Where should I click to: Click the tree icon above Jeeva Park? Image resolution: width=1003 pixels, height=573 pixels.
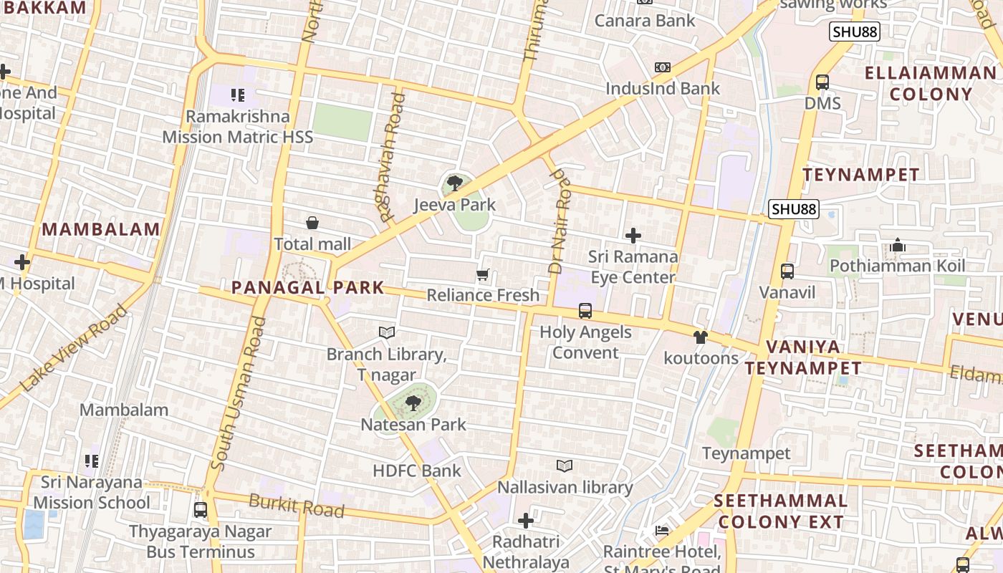point(454,183)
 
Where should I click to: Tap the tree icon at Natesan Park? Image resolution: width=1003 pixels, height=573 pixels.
point(413,403)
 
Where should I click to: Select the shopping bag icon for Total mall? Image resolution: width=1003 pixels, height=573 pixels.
point(312,223)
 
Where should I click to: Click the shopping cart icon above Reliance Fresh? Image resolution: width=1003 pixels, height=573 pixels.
point(483,274)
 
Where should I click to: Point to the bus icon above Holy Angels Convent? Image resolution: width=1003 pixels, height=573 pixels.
point(585,311)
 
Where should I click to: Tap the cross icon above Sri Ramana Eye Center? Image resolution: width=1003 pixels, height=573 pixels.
point(633,235)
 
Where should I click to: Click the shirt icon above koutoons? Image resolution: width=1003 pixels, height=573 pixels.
point(701,337)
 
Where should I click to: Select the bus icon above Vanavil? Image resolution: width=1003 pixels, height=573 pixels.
point(787,271)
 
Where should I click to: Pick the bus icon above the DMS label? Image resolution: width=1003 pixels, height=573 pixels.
point(822,82)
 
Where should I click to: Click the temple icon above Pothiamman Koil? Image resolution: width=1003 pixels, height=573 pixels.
point(898,246)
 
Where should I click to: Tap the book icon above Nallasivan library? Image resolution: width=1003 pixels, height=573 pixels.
point(565,466)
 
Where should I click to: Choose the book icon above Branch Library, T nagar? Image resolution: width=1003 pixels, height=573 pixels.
point(387,333)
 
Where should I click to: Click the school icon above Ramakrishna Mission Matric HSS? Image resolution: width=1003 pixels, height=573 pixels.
point(238,95)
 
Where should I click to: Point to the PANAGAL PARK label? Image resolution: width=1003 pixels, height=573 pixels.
point(307,288)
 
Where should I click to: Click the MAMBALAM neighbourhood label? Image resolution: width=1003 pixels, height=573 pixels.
point(101,230)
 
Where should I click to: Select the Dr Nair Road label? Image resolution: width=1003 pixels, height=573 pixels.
point(560,221)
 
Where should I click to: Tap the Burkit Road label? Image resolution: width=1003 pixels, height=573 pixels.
point(297,506)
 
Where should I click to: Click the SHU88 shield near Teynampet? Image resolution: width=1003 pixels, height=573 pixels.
point(793,209)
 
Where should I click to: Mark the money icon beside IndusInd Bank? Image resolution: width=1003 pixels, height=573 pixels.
point(663,67)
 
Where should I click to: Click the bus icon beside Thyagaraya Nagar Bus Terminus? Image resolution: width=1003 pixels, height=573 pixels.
point(201,511)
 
